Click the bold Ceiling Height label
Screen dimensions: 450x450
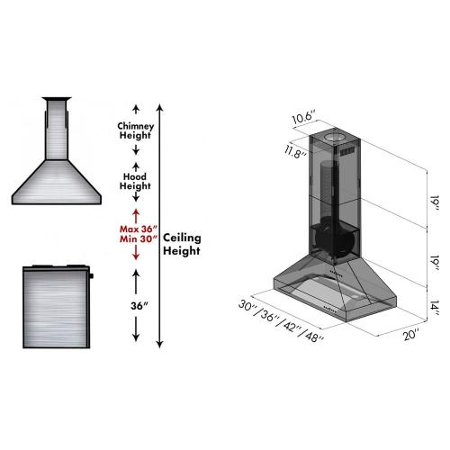click(x=182, y=244)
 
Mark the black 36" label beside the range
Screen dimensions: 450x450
click(x=136, y=304)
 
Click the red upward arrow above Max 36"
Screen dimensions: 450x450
click(x=136, y=214)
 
